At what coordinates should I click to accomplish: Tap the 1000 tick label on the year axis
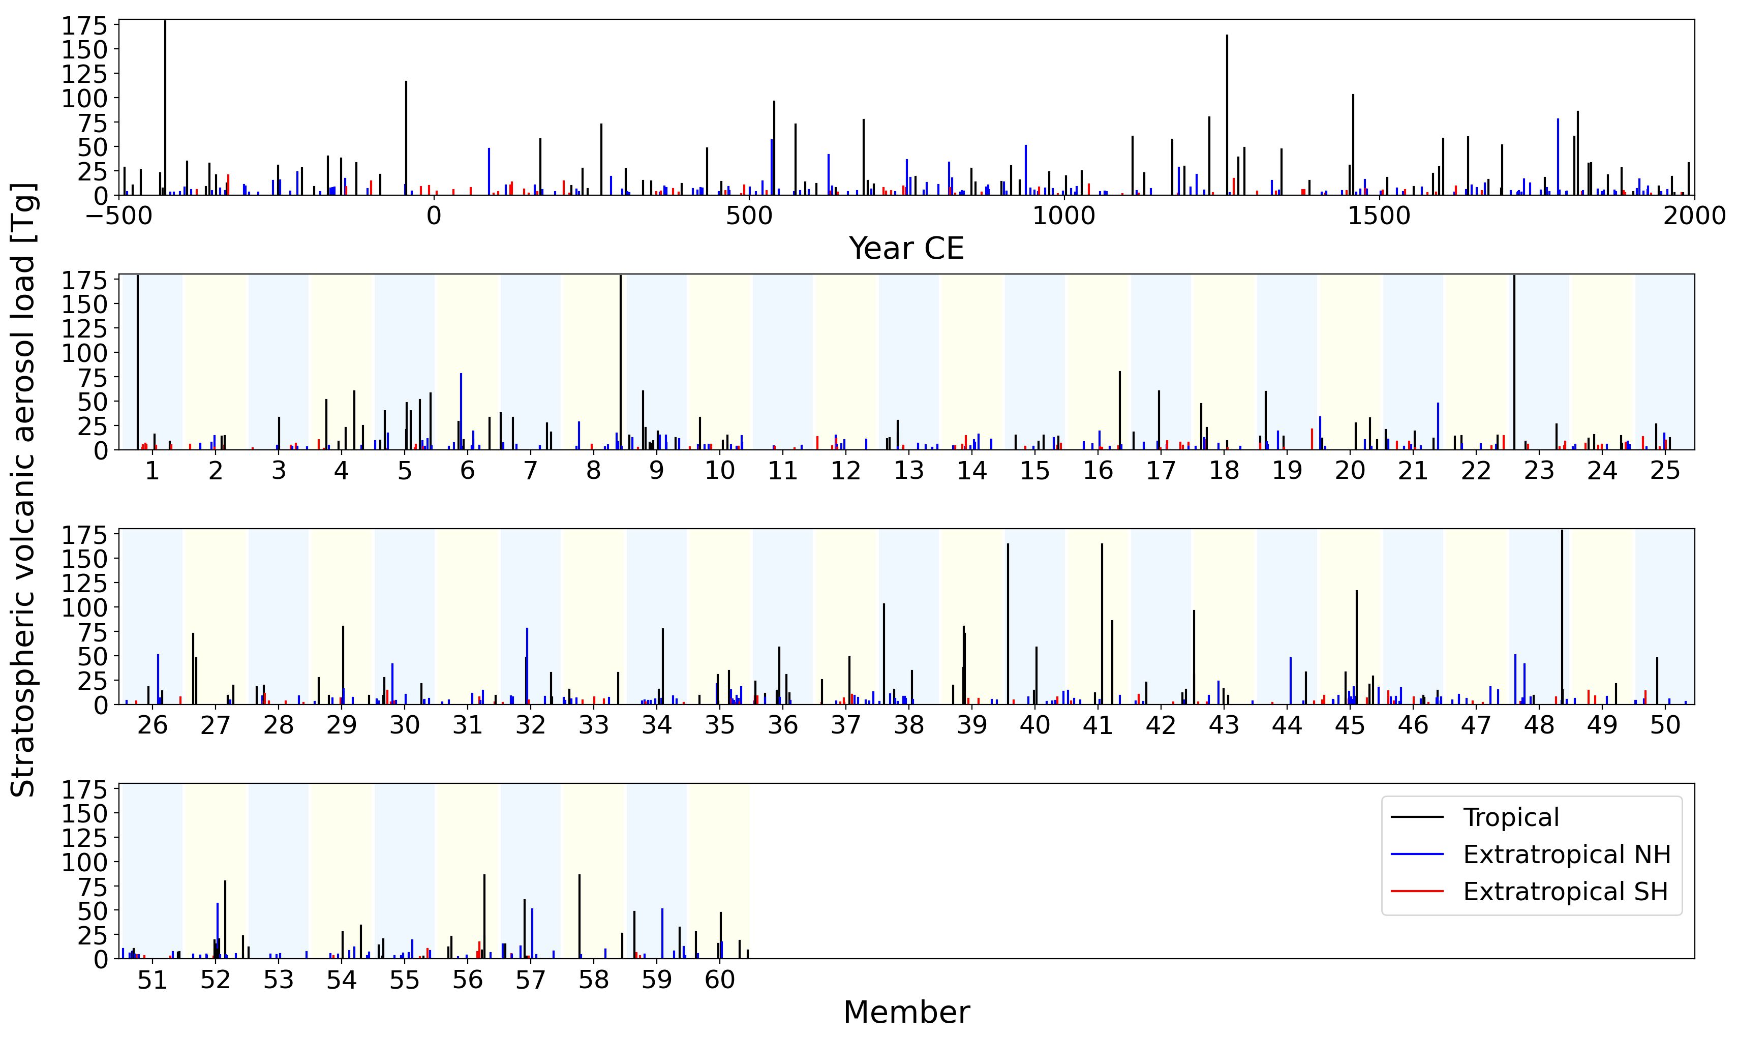(1063, 216)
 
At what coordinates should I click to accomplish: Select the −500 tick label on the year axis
(119, 216)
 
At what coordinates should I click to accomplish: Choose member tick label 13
(909, 471)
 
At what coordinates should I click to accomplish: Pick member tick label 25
(1665, 471)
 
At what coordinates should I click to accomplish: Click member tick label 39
(972, 725)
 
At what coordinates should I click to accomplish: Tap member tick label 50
(1665, 725)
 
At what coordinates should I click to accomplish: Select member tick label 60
(720, 980)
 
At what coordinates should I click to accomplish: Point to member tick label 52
(216, 980)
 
